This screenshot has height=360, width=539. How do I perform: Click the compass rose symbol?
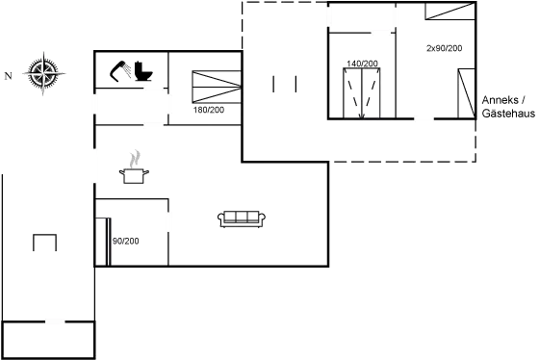tap(42, 73)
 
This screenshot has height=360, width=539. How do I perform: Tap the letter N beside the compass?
tap(7, 74)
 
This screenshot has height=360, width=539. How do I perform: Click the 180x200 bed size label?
tap(208, 110)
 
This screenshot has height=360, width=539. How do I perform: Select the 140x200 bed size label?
tap(362, 64)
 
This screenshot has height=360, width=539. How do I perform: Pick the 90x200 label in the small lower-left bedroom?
tap(125, 241)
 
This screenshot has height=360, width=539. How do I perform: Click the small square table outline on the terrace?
tap(44, 242)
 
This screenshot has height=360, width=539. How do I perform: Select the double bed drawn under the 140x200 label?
tap(362, 92)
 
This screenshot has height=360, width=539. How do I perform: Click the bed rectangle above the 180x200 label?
tap(217, 86)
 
